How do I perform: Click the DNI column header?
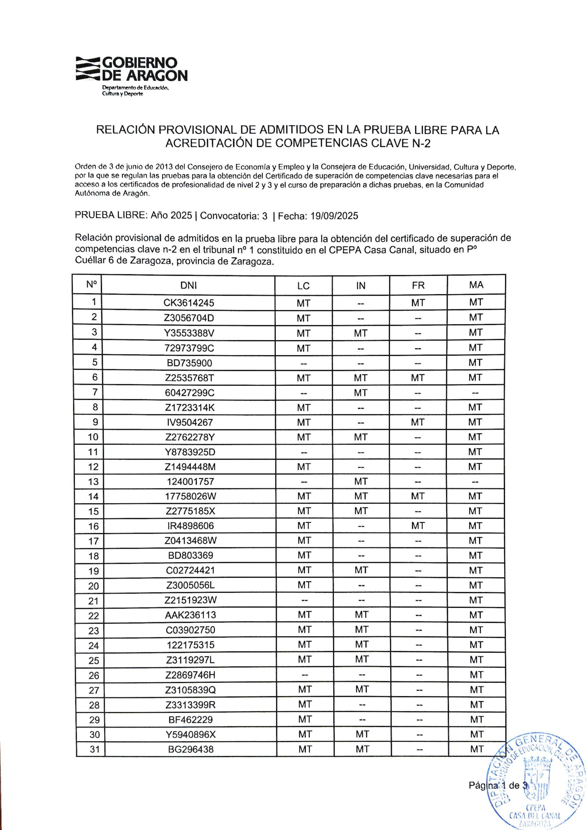click(188, 285)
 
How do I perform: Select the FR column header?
click(418, 285)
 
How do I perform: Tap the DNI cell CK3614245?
click(189, 303)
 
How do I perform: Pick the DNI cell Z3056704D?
click(189, 318)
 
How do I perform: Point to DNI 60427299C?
click(189, 393)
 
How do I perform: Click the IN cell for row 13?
click(361, 481)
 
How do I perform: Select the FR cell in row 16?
click(418, 526)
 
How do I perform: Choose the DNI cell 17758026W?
click(190, 496)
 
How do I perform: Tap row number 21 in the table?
click(93, 601)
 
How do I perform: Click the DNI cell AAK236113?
click(191, 615)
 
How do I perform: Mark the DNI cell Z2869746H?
click(191, 675)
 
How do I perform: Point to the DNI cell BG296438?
click(191, 749)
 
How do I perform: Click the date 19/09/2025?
click(334, 216)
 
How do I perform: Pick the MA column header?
click(476, 285)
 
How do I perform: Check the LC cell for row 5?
click(303, 363)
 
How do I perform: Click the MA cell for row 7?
click(476, 393)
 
